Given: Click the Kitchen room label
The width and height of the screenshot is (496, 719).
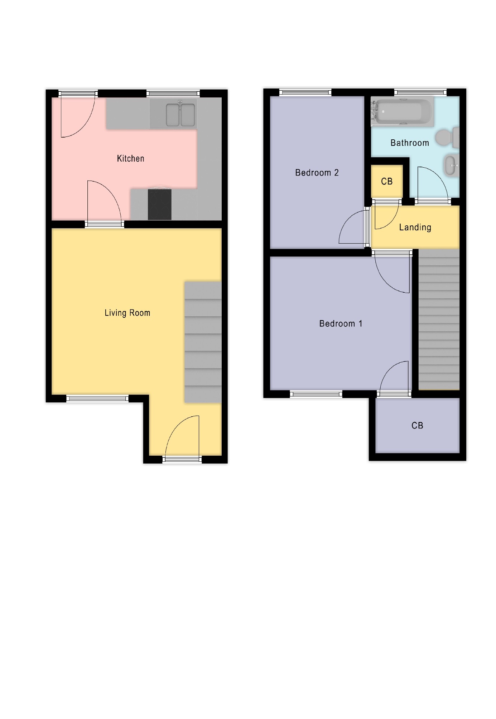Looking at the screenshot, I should click(x=130, y=158).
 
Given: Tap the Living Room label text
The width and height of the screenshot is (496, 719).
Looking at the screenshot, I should click(x=127, y=313).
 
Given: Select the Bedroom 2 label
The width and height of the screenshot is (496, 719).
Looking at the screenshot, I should click(x=317, y=173).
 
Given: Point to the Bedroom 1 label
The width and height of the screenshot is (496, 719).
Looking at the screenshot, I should click(x=341, y=323).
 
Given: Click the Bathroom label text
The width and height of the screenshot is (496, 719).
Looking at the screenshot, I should click(x=409, y=143).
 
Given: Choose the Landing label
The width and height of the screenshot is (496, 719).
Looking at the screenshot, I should click(x=415, y=227).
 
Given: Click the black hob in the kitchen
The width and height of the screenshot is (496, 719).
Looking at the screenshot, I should click(x=160, y=204).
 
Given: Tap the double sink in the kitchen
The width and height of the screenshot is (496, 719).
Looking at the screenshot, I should click(x=180, y=115).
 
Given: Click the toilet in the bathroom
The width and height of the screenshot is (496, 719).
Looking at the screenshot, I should click(x=447, y=137).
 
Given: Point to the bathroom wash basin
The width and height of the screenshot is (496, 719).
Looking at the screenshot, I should click(x=452, y=166).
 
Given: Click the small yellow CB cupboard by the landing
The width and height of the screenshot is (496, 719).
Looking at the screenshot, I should click(x=387, y=181).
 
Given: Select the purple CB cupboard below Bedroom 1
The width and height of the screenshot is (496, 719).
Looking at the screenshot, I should click(x=417, y=425).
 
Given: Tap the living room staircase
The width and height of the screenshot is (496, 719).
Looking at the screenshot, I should click(x=203, y=342).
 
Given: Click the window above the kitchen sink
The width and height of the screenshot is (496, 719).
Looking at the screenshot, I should click(x=173, y=94).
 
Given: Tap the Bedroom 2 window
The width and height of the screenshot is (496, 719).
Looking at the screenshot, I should click(x=305, y=93).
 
